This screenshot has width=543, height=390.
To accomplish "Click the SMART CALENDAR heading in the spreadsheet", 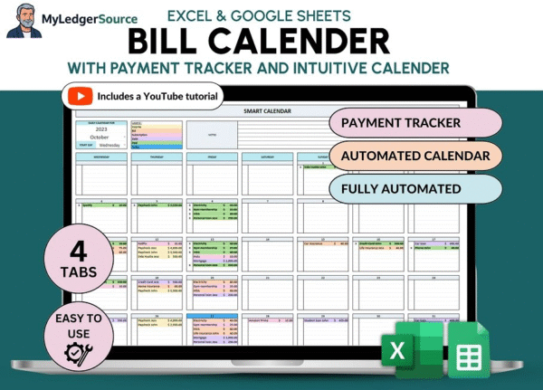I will point(269,110).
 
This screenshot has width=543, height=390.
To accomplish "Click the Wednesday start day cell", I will point(108,143).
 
